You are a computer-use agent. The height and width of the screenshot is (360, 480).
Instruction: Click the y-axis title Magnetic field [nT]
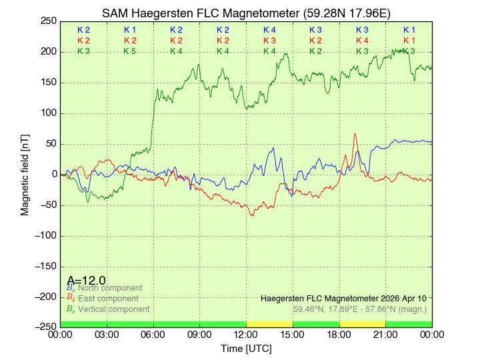tap(25, 174)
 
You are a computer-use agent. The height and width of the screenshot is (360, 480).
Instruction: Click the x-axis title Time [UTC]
tap(246, 349)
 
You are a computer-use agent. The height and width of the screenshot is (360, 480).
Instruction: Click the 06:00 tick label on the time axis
tap(153, 334)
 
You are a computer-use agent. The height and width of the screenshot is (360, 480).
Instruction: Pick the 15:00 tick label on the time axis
tap(293, 334)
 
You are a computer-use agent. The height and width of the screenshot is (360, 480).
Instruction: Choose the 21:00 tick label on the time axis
tap(385, 334)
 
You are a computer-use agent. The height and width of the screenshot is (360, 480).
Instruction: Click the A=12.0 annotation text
tap(87, 281)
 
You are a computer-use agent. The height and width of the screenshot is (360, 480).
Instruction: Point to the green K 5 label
tap(130, 51)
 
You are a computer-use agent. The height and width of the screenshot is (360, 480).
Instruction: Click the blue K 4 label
tap(269, 30)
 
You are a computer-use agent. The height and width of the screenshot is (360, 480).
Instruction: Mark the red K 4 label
tap(362, 41)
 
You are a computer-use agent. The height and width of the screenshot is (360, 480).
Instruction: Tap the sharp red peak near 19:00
tap(355, 134)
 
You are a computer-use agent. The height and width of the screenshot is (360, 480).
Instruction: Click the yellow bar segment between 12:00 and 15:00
tap(269, 324)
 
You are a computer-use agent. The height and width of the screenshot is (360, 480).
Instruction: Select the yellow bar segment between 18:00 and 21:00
tap(362, 324)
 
